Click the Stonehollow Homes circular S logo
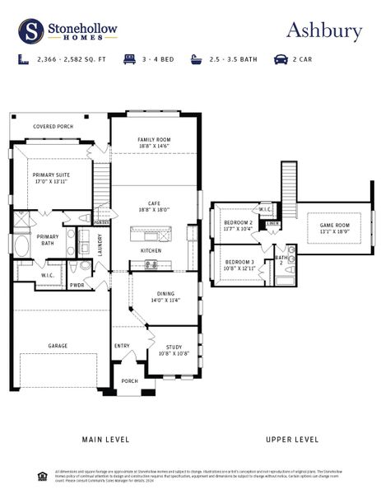(31, 31)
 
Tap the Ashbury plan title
(323, 30)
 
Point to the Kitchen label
(151, 250)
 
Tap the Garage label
(58, 346)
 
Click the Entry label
(122, 346)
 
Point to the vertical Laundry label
(100, 245)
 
